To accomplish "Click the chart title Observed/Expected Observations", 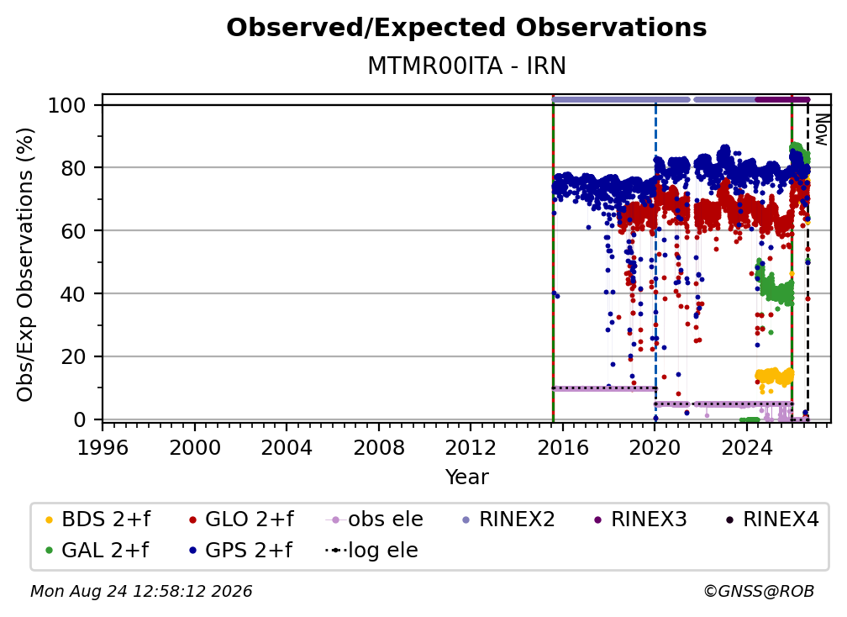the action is click(x=466, y=28).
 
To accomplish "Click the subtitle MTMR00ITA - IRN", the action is click(x=466, y=66).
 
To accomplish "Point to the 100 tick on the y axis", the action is click(x=67, y=105).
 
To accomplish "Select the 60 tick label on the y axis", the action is click(x=73, y=231).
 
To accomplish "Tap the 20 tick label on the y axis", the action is click(x=73, y=357).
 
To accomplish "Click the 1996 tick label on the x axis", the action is click(x=103, y=448).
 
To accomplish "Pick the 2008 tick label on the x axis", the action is click(x=379, y=448).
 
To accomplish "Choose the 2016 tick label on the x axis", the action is click(x=563, y=448).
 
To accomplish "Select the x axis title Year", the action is click(x=466, y=477).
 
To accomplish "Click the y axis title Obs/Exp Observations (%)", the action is click(x=25, y=265).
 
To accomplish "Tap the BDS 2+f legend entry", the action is click(x=97, y=519).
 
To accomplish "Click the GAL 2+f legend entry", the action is click(x=97, y=551).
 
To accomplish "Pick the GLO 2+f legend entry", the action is click(x=241, y=519).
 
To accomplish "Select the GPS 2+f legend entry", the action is click(x=240, y=551).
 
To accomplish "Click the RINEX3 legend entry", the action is click(x=640, y=519).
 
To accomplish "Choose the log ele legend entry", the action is click(x=371, y=551).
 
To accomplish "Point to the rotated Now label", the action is click(x=821, y=129).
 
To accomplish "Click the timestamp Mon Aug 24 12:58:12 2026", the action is click(x=141, y=591).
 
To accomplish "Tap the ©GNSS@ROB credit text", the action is click(x=759, y=591).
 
